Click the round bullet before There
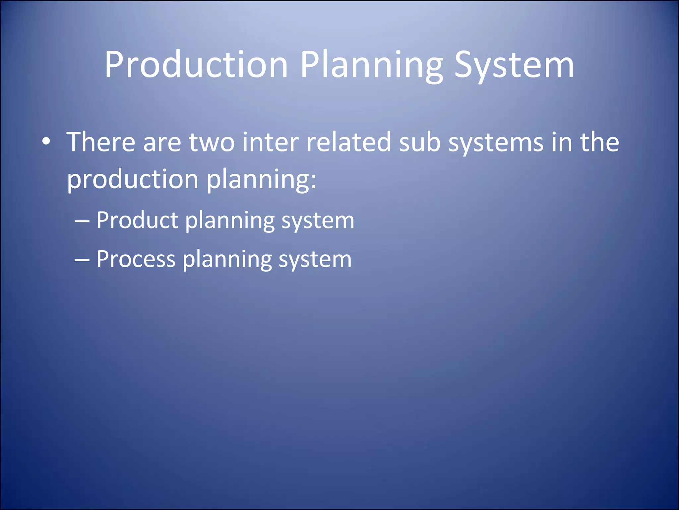[x=46, y=142]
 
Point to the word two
[x=212, y=142]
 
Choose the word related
[x=348, y=142]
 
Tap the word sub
[x=419, y=142]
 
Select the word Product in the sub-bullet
[x=137, y=220]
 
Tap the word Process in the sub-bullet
[x=136, y=259]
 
